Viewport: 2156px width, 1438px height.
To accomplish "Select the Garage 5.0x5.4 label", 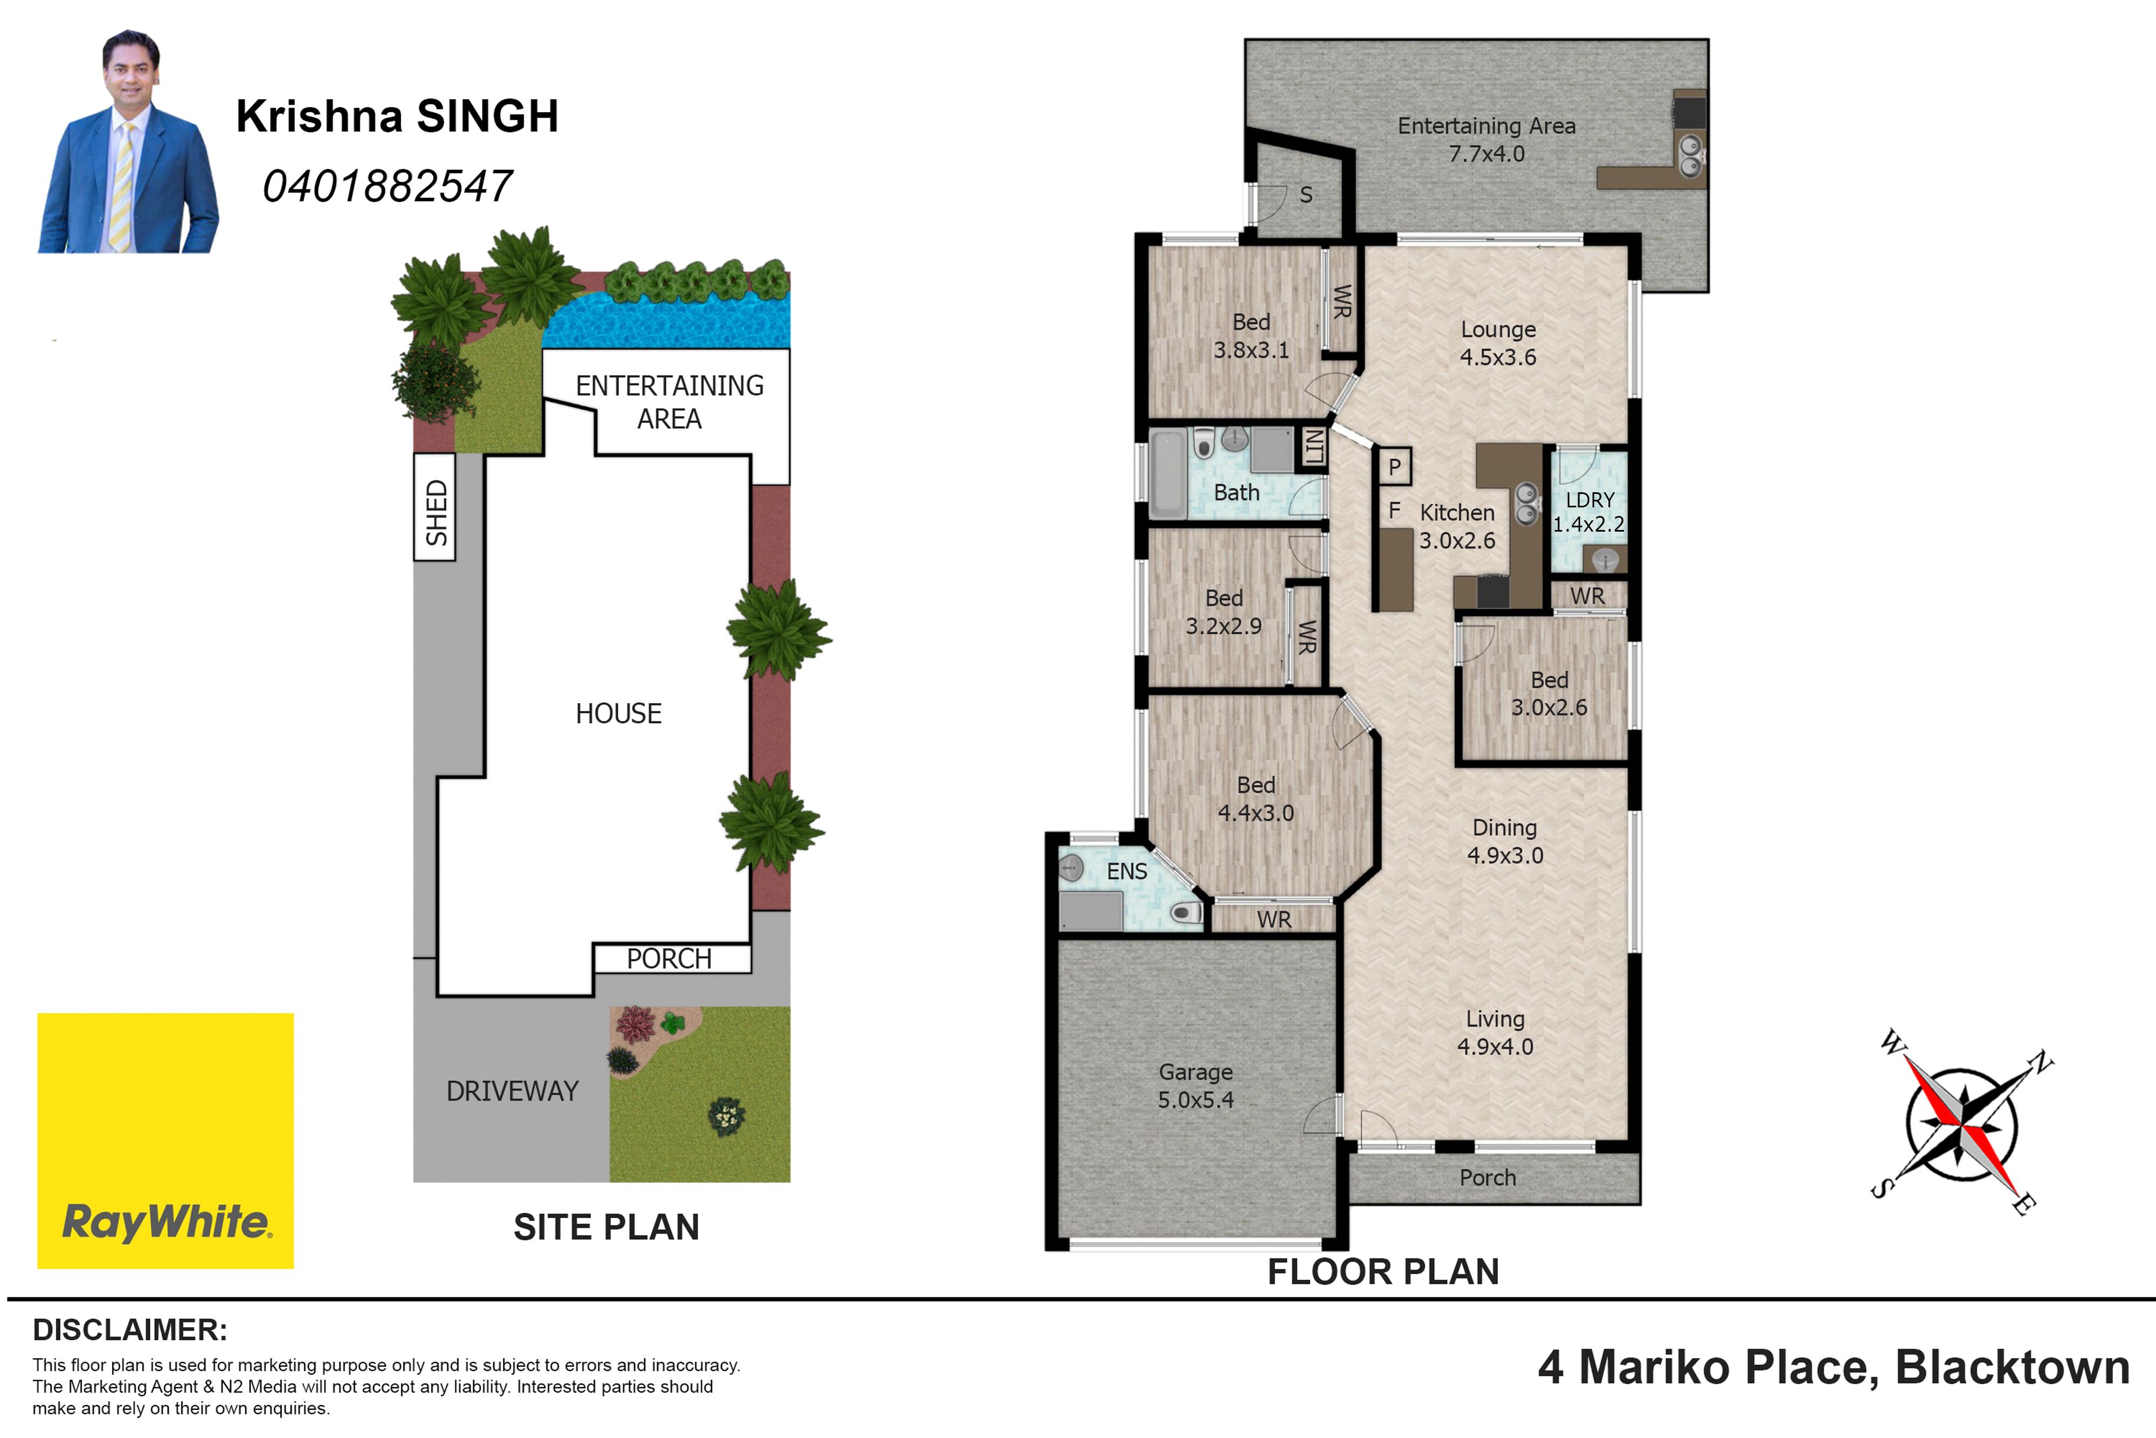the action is (1196, 1086).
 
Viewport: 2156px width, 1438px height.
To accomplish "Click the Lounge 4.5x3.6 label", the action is (1498, 343).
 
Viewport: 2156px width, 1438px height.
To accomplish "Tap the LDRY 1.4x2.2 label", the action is (1588, 512).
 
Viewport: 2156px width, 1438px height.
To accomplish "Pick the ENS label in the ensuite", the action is (1127, 871).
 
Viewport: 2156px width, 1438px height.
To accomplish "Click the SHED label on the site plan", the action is (436, 513).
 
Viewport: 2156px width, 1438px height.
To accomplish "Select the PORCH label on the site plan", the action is (669, 958).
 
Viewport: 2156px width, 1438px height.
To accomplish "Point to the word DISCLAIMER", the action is (129, 1330).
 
